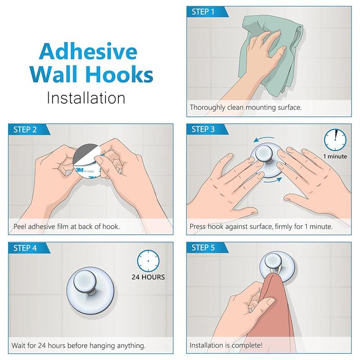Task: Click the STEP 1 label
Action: [x=203, y=12]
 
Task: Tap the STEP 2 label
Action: [x=25, y=130]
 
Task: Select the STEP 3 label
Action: [x=203, y=130]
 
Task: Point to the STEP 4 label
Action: [x=25, y=248]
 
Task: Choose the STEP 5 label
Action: [x=203, y=248]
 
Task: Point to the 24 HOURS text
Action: [x=148, y=277]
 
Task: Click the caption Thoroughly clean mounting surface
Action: [x=245, y=108]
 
